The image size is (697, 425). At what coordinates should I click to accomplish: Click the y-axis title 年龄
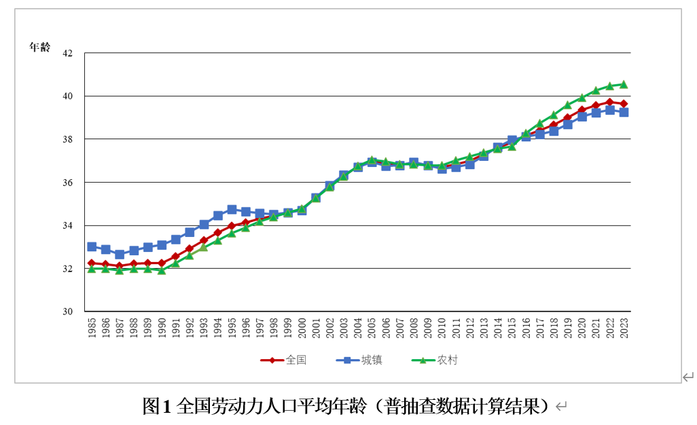[39, 47]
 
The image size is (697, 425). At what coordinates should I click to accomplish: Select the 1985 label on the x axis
[92, 329]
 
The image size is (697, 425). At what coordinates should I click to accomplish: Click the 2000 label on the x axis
[302, 329]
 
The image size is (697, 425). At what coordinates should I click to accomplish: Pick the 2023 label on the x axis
[624, 329]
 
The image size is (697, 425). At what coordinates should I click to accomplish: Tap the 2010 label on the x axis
[442, 329]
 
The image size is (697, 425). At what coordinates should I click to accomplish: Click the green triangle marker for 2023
[624, 84]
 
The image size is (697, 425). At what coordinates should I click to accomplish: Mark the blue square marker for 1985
[92, 246]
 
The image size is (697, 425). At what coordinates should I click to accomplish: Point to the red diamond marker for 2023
[624, 104]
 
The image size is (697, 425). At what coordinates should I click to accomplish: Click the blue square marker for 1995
[232, 210]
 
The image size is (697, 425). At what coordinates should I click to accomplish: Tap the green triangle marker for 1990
[162, 270]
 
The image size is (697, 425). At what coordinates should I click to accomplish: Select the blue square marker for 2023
[624, 113]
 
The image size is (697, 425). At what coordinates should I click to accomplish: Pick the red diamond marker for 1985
[92, 263]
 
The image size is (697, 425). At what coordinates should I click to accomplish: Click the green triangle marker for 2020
[582, 97]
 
